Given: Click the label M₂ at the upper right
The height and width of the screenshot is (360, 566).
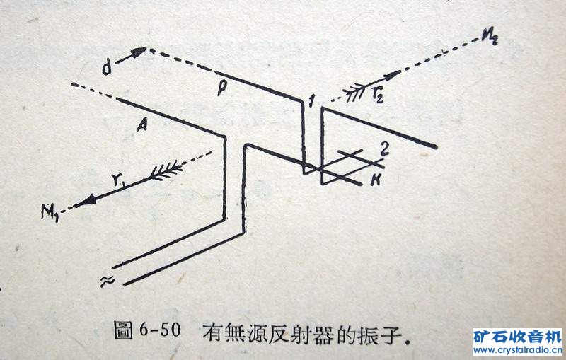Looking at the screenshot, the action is point(490,37).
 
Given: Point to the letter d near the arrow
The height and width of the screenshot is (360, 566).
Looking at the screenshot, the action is point(107,67).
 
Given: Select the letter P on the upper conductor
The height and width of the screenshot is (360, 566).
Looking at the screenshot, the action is point(221,88).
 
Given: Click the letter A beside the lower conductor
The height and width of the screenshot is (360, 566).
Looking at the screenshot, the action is point(142,125).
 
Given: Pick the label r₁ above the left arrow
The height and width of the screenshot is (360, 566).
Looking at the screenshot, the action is point(117,180).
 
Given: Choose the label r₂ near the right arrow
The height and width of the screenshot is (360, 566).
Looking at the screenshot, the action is point(378,95).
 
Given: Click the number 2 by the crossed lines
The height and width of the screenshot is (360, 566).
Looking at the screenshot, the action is point(384,149).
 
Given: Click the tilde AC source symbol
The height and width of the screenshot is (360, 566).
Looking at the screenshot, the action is point(108,281).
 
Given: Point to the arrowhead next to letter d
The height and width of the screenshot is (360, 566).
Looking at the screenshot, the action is point(139,52).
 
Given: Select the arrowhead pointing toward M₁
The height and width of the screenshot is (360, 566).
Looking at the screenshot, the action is point(85,201).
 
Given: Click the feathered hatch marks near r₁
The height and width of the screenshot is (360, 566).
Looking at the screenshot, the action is point(166,170).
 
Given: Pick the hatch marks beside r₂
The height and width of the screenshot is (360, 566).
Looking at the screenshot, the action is point(357,93).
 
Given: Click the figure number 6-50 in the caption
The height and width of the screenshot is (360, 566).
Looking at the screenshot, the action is point(160,329).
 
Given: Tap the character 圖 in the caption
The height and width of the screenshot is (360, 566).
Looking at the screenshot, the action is point(123,330).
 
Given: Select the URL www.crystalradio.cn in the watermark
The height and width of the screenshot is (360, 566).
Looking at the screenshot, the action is point(517,350).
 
